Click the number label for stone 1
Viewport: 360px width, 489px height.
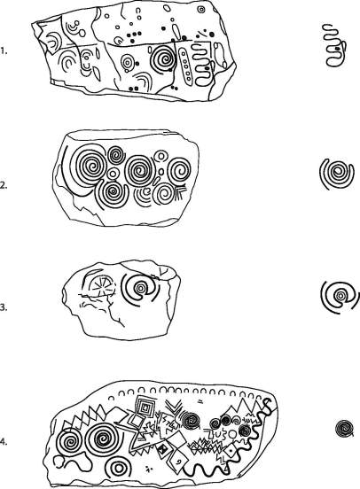(x=4, y=50)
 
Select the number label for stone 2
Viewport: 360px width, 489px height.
(x=4, y=185)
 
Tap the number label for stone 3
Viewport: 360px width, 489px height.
(x=4, y=307)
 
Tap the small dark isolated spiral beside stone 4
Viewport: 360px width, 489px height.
(x=345, y=429)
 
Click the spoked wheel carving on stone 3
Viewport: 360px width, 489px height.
(x=100, y=286)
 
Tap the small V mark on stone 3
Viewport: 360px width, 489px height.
(x=163, y=271)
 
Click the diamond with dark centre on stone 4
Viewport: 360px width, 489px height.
(x=162, y=449)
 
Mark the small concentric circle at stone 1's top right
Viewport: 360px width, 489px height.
(x=201, y=10)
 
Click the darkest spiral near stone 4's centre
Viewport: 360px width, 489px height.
(x=191, y=421)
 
